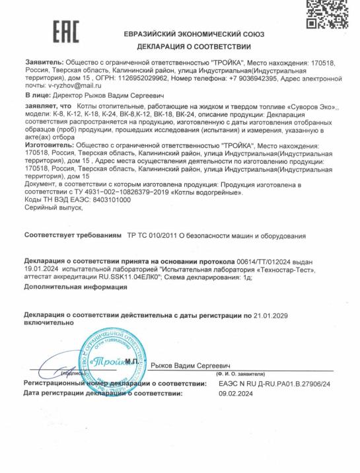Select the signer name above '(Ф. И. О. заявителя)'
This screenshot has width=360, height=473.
tap(194, 364)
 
